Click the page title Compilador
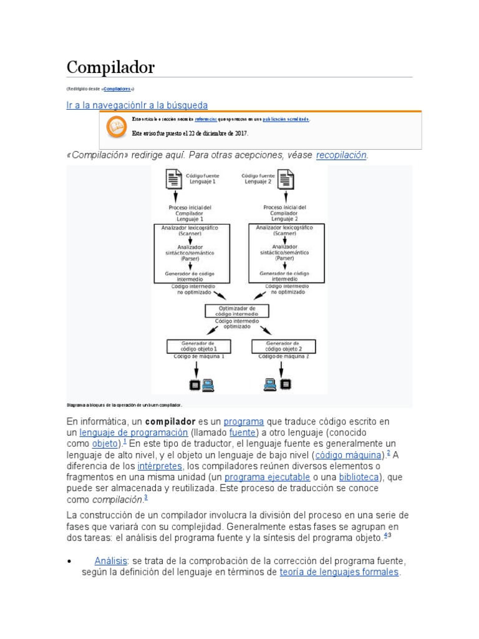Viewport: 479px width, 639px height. coord(110,67)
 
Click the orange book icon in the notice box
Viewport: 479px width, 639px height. coord(115,127)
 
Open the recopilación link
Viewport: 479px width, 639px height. coord(341,155)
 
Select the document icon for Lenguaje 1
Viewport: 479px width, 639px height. coord(173,180)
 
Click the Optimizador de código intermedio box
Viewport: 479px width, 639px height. coord(237,310)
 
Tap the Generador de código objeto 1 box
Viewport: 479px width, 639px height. coord(198,346)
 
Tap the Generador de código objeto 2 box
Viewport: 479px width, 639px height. coord(283,346)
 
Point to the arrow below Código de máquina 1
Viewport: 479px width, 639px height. coord(198,368)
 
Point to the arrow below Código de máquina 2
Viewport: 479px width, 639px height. coord(284,368)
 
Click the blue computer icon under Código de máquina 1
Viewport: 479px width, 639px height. coord(207,385)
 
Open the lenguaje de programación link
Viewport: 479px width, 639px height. coord(133,432)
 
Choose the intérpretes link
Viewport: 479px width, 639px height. coord(160,466)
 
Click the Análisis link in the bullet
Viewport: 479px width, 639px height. coord(111,560)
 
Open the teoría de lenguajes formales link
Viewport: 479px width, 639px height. coord(339,572)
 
